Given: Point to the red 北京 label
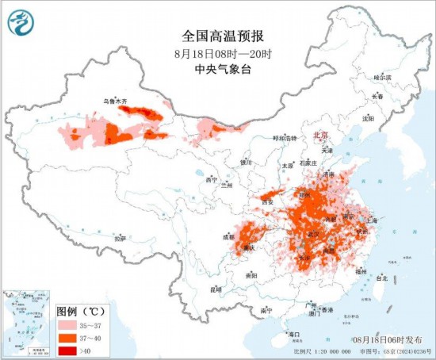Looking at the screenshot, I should click(x=321, y=135).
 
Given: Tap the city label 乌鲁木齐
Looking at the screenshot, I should click(x=116, y=101).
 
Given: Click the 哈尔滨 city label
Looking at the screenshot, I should click(x=383, y=78).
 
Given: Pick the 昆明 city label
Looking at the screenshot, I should click(x=216, y=289).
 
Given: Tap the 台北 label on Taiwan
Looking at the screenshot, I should click(x=382, y=278).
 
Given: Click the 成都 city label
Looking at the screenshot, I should click(x=228, y=236).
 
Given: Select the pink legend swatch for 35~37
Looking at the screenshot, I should click(x=67, y=325).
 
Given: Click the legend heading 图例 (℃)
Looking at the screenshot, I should click(x=80, y=312).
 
